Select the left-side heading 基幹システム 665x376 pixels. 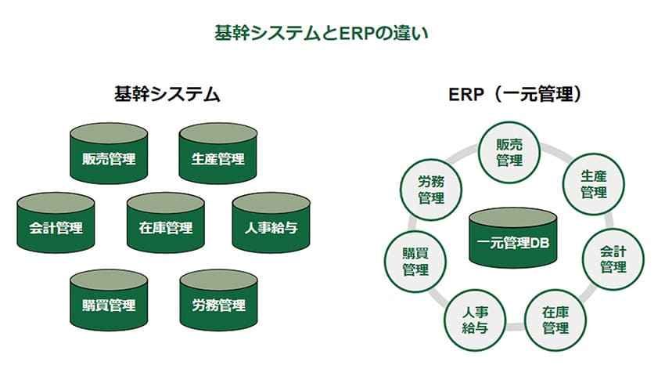click(165, 96)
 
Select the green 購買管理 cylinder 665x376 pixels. click(109, 301)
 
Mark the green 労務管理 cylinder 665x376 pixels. click(218, 301)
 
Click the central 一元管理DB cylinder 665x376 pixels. click(513, 239)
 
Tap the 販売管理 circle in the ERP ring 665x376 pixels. click(509, 150)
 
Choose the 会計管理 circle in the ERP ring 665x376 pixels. click(613, 259)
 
